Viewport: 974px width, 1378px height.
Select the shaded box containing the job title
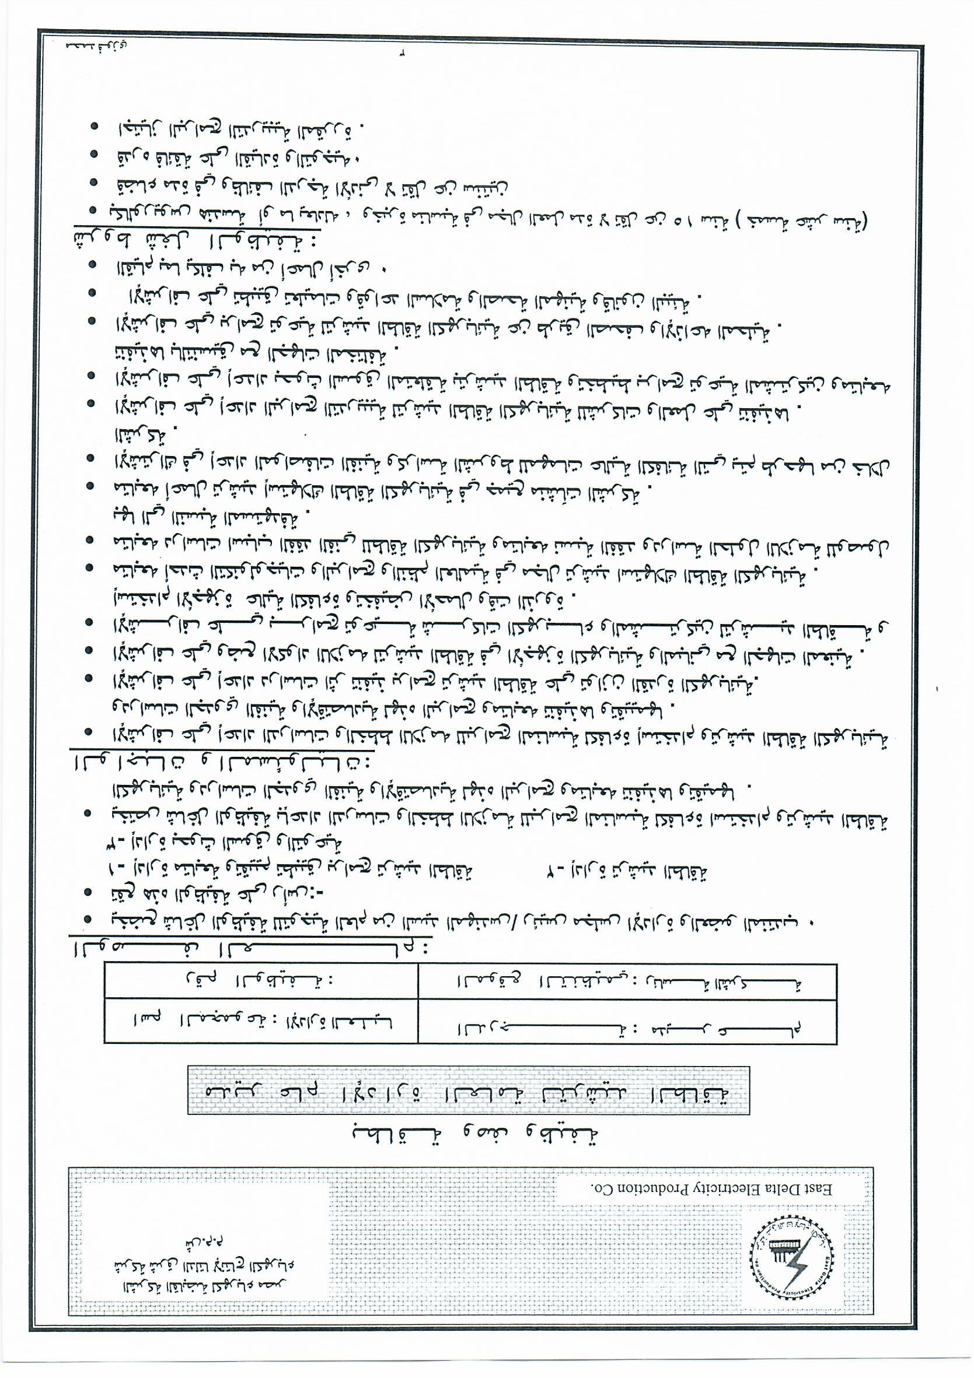click(469, 1091)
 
